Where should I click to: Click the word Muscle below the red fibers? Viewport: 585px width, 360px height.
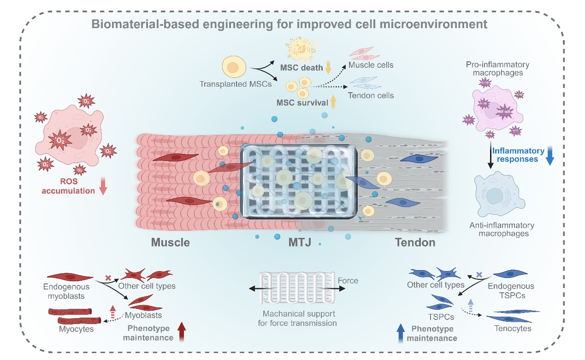point(170,242)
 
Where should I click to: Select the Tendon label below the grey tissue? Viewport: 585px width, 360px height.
point(415,242)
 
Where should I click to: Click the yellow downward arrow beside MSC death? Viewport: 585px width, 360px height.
point(328,67)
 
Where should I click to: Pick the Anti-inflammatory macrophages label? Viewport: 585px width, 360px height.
point(502,230)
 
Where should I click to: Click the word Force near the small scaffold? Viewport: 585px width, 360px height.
point(348,280)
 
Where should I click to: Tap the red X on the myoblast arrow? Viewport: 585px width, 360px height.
point(108,278)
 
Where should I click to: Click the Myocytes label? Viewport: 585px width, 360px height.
point(76,329)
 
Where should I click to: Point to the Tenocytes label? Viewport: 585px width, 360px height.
point(512,329)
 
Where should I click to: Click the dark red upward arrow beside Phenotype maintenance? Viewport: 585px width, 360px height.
point(182,332)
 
